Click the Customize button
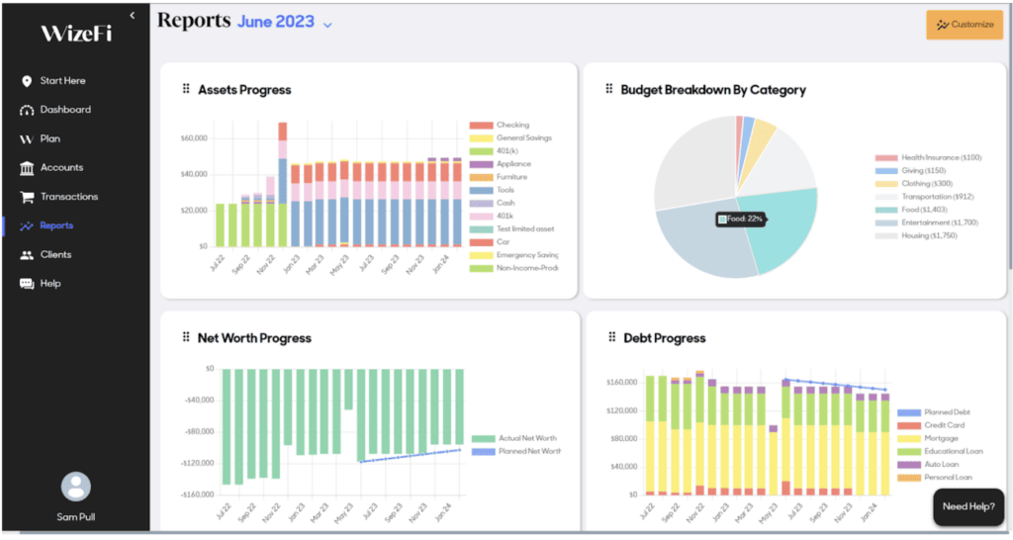tap(965, 25)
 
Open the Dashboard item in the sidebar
tap(65, 110)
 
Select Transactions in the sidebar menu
tap(68, 197)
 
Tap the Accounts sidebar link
tap(61, 168)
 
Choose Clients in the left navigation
tap(55, 255)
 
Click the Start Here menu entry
tap(62, 81)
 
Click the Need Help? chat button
tap(967, 506)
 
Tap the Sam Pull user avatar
tap(75, 487)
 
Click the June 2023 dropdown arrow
tap(327, 25)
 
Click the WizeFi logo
tap(76, 34)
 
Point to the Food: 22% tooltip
tap(741, 219)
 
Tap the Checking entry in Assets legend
tap(511, 126)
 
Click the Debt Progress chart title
tap(664, 338)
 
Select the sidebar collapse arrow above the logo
tap(133, 15)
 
